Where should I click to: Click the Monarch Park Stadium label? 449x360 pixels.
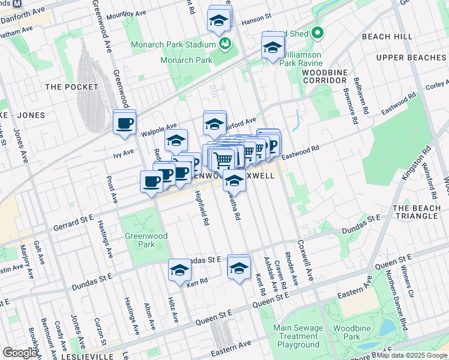[173, 44]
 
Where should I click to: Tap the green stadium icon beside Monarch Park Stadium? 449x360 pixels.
[226, 44]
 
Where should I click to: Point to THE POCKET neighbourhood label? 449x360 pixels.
[71, 87]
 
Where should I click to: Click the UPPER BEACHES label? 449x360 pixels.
[411, 58]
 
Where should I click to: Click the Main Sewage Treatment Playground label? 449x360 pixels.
[296, 336]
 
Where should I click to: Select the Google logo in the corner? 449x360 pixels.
[20, 352]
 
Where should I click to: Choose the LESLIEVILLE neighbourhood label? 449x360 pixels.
[86, 356]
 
